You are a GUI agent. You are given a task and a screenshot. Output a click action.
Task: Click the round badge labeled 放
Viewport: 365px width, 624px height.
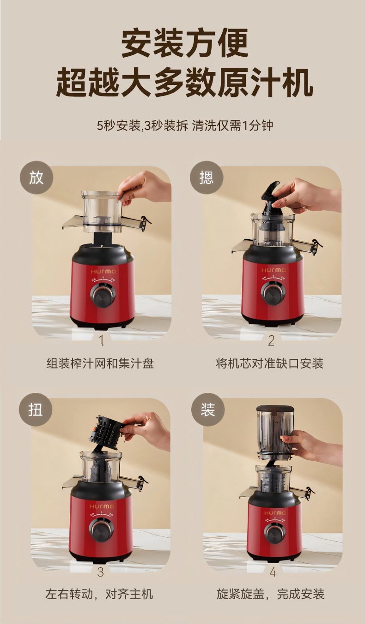point(36,178)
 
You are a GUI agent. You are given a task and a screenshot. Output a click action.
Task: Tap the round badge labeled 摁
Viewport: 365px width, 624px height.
point(207,178)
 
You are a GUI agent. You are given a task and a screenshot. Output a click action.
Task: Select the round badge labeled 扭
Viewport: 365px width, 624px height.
point(36,410)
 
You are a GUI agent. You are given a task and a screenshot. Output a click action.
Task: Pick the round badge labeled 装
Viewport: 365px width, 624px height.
point(208,410)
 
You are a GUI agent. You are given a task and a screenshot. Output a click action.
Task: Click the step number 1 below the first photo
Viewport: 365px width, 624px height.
point(102,340)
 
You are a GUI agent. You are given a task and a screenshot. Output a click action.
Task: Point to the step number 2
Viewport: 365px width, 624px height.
point(271,340)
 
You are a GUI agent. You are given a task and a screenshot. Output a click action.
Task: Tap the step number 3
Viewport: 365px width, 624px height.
point(100,572)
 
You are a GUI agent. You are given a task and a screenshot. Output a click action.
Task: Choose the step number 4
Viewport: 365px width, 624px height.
point(273,572)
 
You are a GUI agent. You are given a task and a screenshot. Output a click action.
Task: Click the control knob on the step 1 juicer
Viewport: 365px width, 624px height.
point(103,295)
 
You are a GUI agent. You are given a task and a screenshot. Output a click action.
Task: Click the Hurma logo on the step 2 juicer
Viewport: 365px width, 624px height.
point(274,270)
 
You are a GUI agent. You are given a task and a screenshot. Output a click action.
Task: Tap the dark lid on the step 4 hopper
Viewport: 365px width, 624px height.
point(275,409)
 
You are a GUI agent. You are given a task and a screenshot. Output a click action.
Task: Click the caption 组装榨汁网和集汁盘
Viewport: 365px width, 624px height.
point(100,363)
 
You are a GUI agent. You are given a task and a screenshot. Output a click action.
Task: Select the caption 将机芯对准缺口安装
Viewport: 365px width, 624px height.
point(269,363)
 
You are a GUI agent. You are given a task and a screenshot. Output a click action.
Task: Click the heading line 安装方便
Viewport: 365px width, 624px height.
point(184,43)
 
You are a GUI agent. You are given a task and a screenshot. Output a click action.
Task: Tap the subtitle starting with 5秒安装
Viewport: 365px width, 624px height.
point(185,125)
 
